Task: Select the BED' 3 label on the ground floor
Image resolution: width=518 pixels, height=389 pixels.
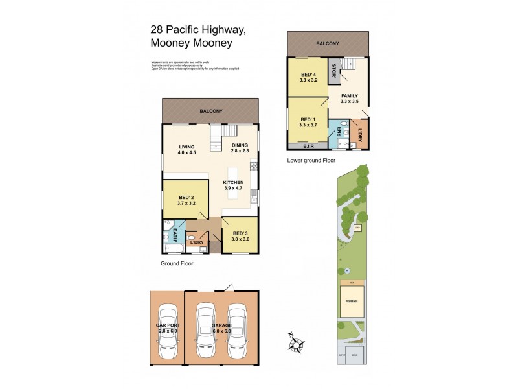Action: (x=240, y=236)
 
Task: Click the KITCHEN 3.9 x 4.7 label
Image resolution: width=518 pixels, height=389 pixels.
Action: (x=234, y=186)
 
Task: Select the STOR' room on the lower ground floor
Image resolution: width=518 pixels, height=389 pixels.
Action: (x=333, y=70)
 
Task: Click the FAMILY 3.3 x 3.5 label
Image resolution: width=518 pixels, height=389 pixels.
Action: (x=350, y=99)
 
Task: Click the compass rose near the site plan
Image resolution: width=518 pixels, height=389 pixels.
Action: (x=298, y=343)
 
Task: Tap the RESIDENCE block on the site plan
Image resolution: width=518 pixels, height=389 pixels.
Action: (x=352, y=302)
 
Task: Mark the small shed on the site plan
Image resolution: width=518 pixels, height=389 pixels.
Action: (x=357, y=227)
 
